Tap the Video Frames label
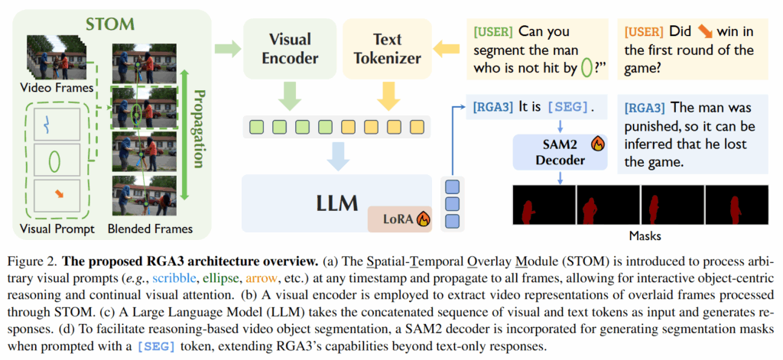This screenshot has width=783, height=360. (x=56, y=88)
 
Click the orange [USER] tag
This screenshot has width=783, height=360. (x=644, y=32)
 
